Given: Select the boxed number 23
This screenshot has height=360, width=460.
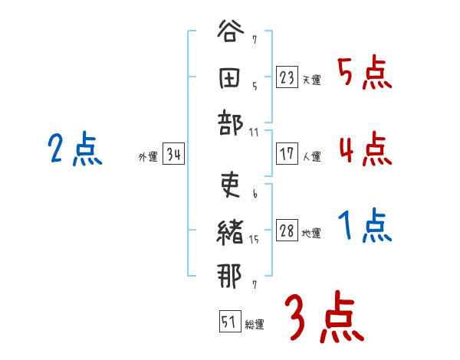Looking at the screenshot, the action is point(287,77).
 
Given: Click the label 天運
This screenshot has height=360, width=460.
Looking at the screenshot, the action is point(311,80).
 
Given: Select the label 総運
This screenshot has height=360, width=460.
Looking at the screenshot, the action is point(255,324).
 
